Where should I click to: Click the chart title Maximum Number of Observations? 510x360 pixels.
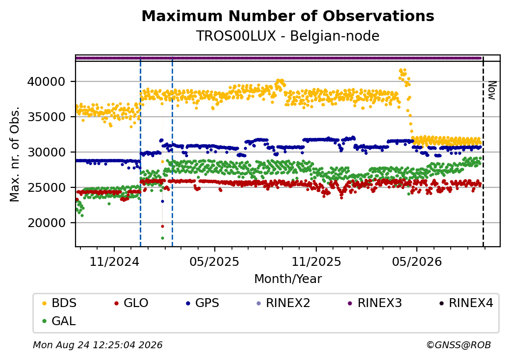tap(288, 16)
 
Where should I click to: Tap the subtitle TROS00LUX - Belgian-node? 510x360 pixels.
tap(288, 36)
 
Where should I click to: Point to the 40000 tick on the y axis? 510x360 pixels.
tap(47, 81)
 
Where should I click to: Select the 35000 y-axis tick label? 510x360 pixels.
tap(47, 117)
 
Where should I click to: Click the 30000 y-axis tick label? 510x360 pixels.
tap(47, 152)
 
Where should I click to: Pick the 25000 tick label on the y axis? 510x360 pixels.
tap(47, 188)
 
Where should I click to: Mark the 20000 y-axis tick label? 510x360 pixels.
tap(47, 223)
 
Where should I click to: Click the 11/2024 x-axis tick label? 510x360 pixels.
tap(114, 262)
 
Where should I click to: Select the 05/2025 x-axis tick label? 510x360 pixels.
tap(214, 262)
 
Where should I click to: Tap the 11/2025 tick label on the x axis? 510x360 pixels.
tap(316, 262)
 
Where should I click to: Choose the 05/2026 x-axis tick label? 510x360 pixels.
tap(417, 262)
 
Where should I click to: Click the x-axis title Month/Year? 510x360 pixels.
tap(288, 279)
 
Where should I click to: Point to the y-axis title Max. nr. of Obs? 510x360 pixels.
tap(15, 154)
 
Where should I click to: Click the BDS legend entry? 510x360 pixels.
tap(59, 303)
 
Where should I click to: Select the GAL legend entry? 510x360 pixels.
tap(59, 321)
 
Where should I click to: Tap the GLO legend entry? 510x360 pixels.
tap(131, 303)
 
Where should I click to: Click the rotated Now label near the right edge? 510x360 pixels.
tap(492, 90)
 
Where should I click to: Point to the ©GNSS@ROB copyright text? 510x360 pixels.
tap(459, 345)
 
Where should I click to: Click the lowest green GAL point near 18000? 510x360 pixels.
tap(162, 238)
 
